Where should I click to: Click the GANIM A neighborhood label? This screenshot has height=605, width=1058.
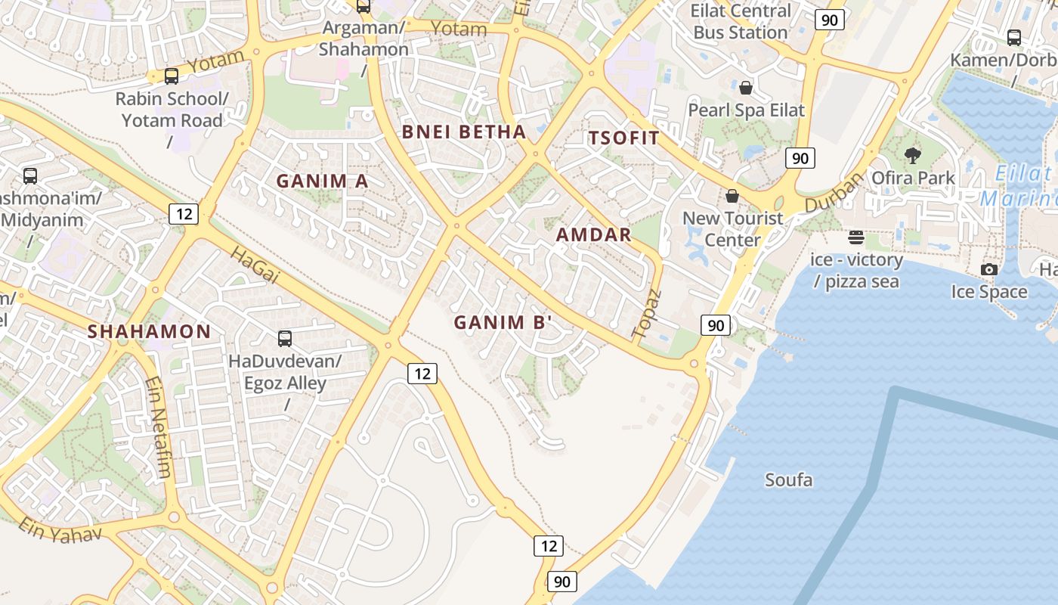pos(322,181)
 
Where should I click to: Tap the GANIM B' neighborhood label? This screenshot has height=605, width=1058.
pos(503,323)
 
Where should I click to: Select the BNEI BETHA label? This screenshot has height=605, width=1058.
pos(463,132)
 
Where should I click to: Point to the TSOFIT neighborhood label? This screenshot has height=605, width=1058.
pos(623,138)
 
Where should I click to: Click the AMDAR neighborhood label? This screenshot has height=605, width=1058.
pos(593,234)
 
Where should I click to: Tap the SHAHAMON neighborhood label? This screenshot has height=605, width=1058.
pos(149,331)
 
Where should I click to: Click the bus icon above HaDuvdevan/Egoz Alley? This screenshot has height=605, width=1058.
pos(285,339)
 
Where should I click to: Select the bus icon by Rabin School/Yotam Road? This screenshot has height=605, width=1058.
pos(172,76)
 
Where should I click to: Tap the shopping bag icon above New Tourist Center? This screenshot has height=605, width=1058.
pos(732,197)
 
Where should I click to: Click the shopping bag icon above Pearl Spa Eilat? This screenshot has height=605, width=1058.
pos(746,88)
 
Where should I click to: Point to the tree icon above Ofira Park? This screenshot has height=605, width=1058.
pos(913,156)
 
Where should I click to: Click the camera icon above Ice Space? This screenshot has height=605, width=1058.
pos(988,269)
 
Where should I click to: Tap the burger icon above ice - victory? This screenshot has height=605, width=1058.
pos(855,237)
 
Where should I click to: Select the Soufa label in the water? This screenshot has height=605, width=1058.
pos(788,480)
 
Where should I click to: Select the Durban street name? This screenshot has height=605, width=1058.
pos(834,194)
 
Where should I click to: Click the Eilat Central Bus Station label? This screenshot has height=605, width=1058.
pos(740,22)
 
